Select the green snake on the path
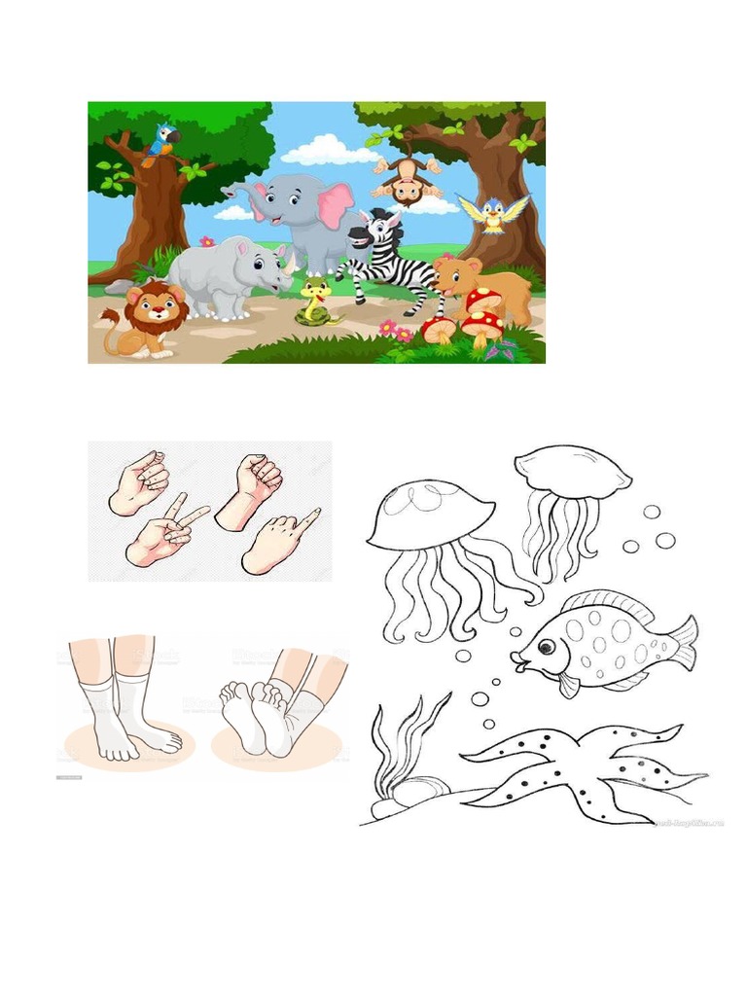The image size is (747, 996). pos(315,302)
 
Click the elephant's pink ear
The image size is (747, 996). pos(335,204)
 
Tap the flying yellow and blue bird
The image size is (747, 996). pos(494,213)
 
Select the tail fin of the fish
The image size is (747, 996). pos(683,642)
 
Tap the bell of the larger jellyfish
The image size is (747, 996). pos(430,515)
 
